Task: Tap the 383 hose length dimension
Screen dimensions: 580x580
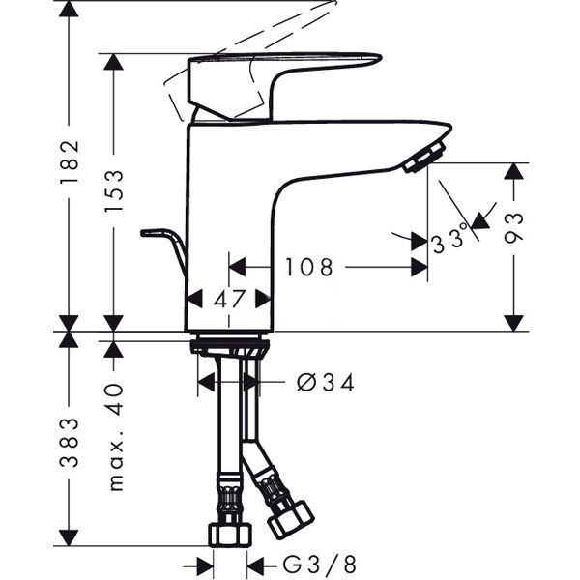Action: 69,442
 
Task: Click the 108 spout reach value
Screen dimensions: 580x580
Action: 308,267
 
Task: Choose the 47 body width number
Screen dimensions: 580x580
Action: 230,299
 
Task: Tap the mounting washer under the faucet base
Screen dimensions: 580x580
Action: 229,344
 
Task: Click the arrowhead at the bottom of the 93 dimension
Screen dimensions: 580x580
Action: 514,320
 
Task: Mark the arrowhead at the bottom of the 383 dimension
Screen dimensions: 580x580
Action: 69,536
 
